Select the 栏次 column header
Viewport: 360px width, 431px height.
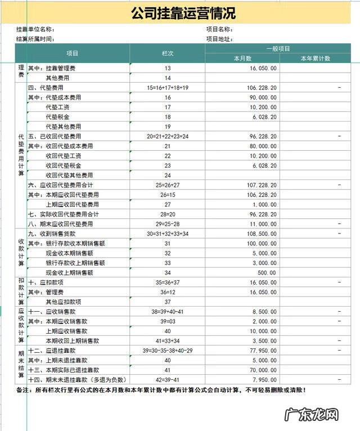[167, 53]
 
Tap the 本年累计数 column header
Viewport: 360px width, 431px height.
[315, 59]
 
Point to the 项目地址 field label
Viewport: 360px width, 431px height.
[219, 39]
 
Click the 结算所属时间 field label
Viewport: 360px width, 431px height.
[35, 39]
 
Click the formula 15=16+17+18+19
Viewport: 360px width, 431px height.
[167, 88]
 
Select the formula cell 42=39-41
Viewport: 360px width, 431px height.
[167, 379]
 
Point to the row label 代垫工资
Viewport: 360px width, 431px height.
[57, 107]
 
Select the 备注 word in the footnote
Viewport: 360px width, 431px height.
[24, 390]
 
